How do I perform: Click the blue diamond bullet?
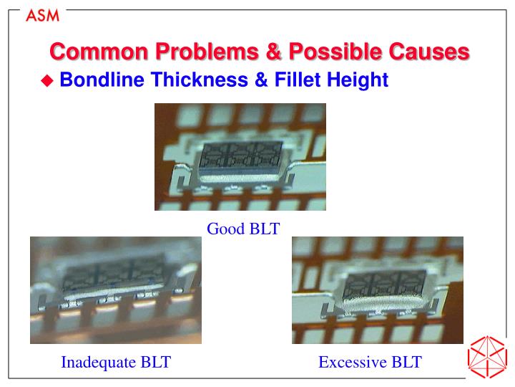[x=48, y=81]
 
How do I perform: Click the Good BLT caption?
[x=243, y=229]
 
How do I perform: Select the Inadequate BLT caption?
[x=116, y=362]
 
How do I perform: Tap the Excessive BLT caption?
[x=370, y=362]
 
